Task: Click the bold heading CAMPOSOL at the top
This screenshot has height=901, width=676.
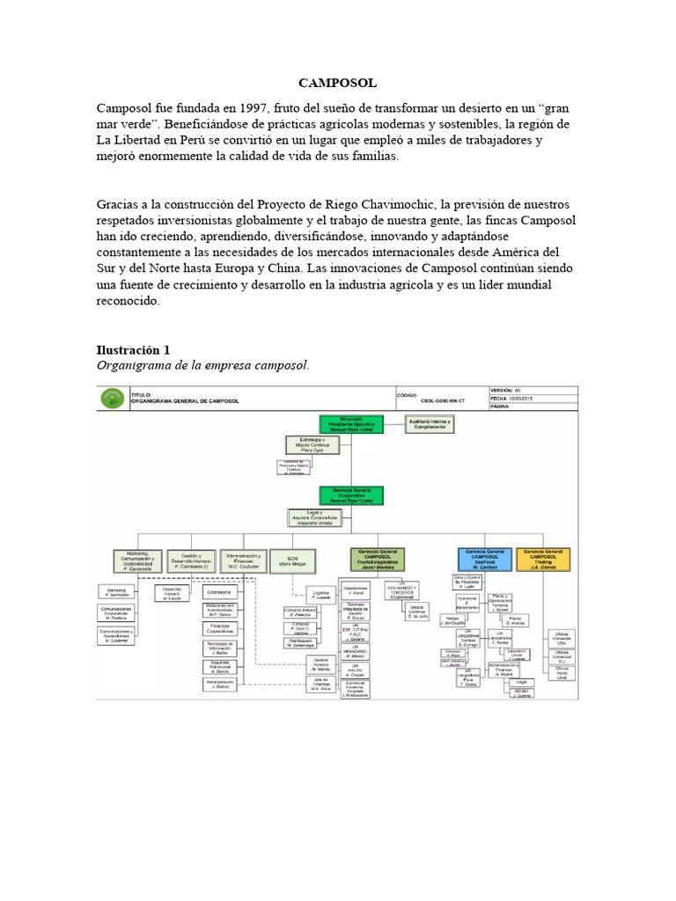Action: click(338, 83)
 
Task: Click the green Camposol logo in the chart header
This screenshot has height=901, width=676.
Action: click(112, 398)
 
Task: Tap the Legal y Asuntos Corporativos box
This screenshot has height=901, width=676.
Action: click(312, 516)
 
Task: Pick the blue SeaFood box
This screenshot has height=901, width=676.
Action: click(483, 558)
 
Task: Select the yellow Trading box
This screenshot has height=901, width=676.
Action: click(542, 558)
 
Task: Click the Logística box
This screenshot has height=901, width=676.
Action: click(320, 594)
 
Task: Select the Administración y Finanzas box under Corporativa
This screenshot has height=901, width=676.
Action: click(243, 559)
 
